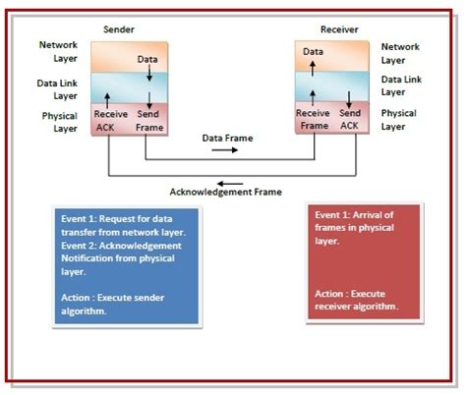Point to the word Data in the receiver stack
pyautogui.click(x=313, y=51)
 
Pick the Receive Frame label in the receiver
pyautogui.click(x=313, y=120)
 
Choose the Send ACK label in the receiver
pyautogui.click(x=351, y=120)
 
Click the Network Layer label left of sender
pyautogui.click(x=57, y=52)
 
